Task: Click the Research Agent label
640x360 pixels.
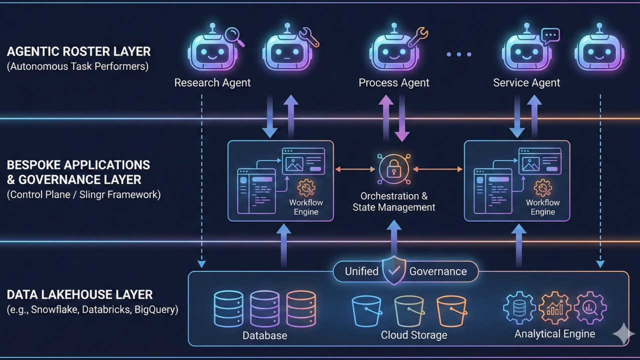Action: pyautogui.click(x=212, y=82)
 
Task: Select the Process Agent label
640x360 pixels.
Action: pyautogui.click(x=394, y=82)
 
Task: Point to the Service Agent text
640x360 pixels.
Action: pyautogui.click(x=526, y=82)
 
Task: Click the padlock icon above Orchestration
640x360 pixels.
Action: pyautogui.click(x=394, y=169)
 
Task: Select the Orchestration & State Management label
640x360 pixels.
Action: pyautogui.click(x=394, y=201)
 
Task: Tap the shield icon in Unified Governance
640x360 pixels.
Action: pyautogui.click(x=394, y=270)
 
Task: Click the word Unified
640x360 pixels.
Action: pyautogui.click(x=361, y=271)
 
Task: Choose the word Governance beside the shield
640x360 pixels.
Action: pyautogui.click(x=438, y=271)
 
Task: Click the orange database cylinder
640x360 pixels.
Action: pyautogui.click(x=301, y=309)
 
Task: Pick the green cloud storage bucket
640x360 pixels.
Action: pyautogui.click(x=409, y=311)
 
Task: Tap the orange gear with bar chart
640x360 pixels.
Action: pyautogui.click(x=554, y=308)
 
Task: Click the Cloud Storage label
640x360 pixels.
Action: pyautogui.click(x=414, y=335)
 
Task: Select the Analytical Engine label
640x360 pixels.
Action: pyautogui.click(x=554, y=333)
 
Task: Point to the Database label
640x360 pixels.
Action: pyautogui.click(x=265, y=335)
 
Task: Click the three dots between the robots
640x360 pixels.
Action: pyautogui.click(x=459, y=54)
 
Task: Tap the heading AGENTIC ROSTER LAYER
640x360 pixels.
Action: pyautogui.click(x=79, y=51)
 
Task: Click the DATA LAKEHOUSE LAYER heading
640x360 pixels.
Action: pyautogui.click(x=80, y=294)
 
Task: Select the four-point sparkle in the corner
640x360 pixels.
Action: pyautogui.click(x=623, y=334)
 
